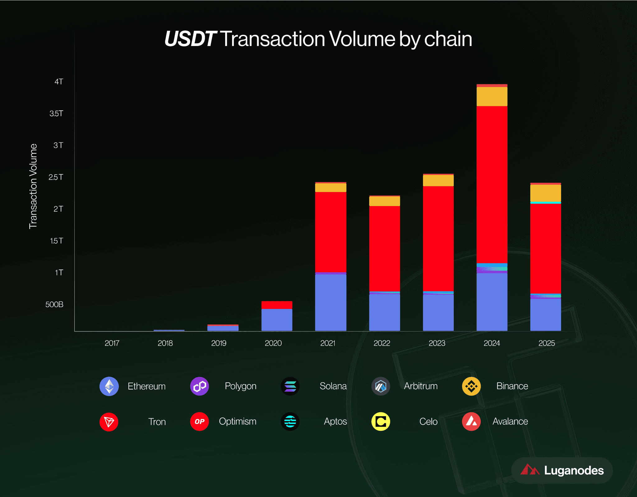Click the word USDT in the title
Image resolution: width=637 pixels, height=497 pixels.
(190, 39)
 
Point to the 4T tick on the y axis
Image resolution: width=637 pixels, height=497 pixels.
(59, 82)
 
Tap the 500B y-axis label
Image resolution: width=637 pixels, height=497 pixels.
(54, 304)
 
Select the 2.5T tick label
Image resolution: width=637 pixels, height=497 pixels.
(56, 177)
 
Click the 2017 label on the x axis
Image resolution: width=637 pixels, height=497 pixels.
(112, 343)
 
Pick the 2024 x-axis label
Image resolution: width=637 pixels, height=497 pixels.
(492, 343)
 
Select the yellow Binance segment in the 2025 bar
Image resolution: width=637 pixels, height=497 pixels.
(546, 193)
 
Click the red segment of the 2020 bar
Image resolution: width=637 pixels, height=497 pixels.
(277, 305)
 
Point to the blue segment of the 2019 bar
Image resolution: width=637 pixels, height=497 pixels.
(223, 328)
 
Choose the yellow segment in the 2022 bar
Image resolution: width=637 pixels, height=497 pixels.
(384, 201)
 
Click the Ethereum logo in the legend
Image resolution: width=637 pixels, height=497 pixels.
(109, 386)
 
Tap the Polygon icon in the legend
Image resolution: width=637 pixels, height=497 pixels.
(199, 386)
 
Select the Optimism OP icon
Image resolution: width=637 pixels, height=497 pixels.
(199, 421)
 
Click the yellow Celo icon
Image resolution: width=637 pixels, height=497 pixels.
(381, 421)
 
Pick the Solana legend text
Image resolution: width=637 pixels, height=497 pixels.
(333, 386)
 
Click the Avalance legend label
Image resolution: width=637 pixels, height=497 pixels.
(510, 421)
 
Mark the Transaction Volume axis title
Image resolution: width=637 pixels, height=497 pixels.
(33, 186)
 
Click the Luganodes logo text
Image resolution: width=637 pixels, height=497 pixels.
(574, 471)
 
